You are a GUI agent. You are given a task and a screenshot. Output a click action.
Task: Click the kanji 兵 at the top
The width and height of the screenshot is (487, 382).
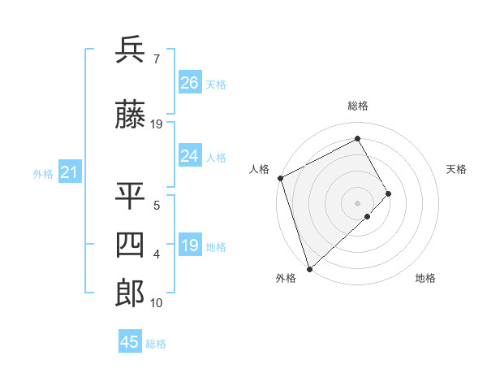pyautogui.click(x=131, y=50)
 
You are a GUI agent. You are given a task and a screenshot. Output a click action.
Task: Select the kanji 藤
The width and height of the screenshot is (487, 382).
pyautogui.click(x=131, y=116)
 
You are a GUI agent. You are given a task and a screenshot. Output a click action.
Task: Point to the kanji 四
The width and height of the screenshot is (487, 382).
pyautogui.click(x=131, y=245)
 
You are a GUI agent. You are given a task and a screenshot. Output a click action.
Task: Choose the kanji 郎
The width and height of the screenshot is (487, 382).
pyautogui.click(x=131, y=293)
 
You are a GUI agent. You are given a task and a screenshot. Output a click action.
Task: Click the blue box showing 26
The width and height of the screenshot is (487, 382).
pyautogui.click(x=190, y=83)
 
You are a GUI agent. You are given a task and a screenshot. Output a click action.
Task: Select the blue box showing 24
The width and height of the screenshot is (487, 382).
pyautogui.click(x=190, y=156)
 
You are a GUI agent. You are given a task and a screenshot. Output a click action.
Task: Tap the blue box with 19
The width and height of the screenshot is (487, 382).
pyautogui.click(x=190, y=245)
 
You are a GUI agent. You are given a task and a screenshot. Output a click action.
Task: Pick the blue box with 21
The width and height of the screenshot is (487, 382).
pyautogui.click(x=70, y=172)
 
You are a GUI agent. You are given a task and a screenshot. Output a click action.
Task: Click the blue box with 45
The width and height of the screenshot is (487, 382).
pyautogui.click(x=130, y=342)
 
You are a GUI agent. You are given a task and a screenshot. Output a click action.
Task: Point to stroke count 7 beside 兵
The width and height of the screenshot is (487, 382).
pyautogui.click(x=156, y=59)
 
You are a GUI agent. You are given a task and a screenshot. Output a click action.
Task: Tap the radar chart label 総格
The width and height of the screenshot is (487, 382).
pyautogui.click(x=358, y=106)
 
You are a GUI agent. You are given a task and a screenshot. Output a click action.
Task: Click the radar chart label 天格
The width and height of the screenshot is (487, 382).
pyautogui.click(x=457, y=169)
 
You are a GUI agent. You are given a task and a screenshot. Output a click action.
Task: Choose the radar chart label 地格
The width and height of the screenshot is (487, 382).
pyautogui.click(x=425, y=278)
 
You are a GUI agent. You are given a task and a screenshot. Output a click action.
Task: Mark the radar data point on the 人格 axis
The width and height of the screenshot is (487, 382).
pyautogui.click(x=280, y=178)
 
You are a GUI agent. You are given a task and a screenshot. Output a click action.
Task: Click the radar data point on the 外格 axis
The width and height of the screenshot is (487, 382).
pyautogui.click(x=309, y=267)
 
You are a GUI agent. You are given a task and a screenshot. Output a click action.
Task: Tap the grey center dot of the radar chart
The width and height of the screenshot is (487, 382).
pyautogui.click(x=358, y=202)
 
